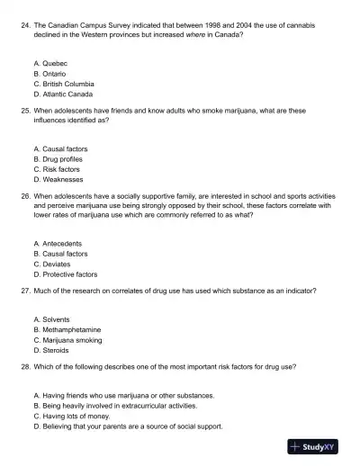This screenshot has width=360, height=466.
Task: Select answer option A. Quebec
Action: (50, 64)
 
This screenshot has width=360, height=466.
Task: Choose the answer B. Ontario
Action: (51, 74)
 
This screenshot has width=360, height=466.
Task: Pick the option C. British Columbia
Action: (62, 84)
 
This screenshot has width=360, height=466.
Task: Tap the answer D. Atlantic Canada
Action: (62, 94)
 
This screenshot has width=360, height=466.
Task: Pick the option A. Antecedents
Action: (57, 244)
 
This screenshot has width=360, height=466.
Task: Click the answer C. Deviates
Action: (51, 264)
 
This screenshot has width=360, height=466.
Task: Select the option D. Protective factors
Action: (64, 274)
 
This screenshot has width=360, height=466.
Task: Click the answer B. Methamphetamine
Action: (66, 329)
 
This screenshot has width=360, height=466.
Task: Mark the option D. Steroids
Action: (52, 350)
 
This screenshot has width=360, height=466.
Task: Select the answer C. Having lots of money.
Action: (75, 417)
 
